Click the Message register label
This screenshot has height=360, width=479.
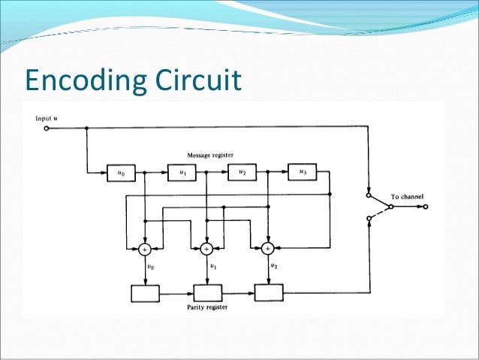211,155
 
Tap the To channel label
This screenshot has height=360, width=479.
406,197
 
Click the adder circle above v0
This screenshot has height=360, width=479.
145,248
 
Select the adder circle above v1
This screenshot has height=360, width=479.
206,248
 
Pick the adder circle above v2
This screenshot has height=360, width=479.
267,248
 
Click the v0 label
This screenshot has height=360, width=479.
152,266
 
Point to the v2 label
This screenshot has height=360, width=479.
273,266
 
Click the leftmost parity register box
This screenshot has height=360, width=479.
145,293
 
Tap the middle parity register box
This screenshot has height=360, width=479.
208,293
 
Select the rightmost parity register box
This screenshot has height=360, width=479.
269,293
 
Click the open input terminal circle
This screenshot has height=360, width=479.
47,129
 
